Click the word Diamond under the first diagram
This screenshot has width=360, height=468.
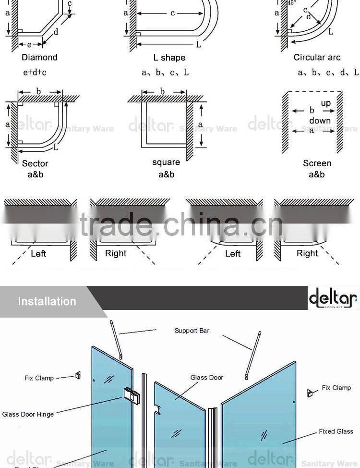point(39,58)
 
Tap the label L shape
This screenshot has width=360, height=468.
point(169,58)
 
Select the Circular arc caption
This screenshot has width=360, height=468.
point(317,58)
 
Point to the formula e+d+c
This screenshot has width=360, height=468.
point(35,73)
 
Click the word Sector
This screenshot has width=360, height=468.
point(35,164)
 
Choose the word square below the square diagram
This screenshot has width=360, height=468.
point(166,163)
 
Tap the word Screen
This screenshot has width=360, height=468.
point(317,164)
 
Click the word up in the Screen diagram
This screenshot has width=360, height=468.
point(326,103)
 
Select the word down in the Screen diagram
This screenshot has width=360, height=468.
point(320,121)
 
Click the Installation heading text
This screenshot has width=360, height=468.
point(47,302)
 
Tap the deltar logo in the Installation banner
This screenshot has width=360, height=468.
point(333,298)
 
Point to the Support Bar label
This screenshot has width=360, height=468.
point(192,331)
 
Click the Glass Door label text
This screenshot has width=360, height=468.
point(207,378)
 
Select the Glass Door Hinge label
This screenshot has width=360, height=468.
point(28,414)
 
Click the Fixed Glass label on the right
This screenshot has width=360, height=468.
point(336,431)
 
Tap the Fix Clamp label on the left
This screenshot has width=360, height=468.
point(39,378)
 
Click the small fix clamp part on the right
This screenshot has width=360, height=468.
point(310,393)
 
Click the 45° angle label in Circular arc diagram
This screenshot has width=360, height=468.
point(291,3)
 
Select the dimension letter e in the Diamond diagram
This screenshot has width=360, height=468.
point(29,45)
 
